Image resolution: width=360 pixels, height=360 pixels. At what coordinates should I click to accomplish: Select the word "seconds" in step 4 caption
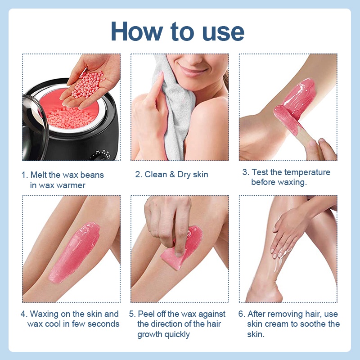click(x=104, y=324)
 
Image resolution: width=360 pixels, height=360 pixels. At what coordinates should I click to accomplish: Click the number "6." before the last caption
click(x=242, y=314)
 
